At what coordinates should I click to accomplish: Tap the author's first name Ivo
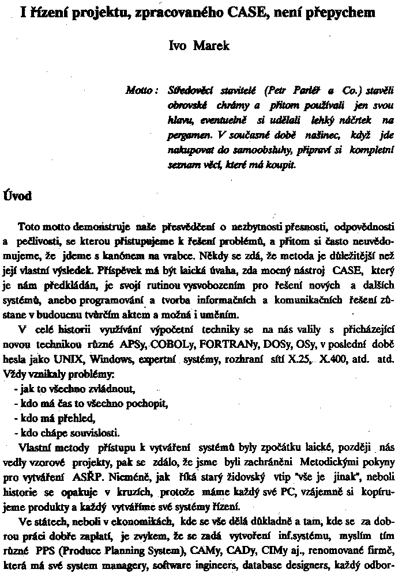[178, 46]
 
